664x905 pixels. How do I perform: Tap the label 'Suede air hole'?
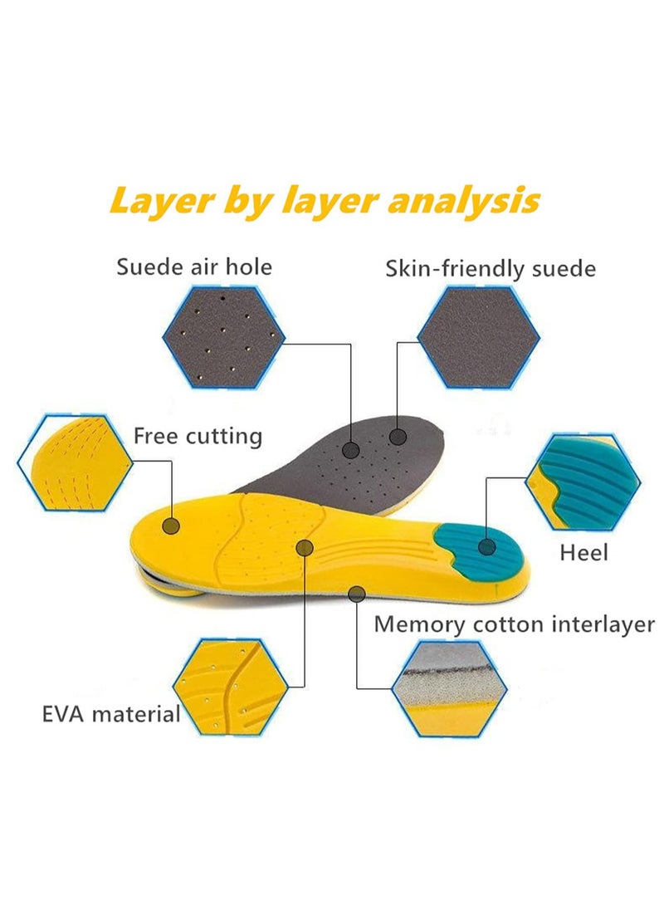(x=194, y=267)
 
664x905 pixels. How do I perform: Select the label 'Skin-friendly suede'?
(x=491, y=269)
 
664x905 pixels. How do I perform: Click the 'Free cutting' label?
(x=198, y=436)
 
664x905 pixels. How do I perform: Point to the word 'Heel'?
(x=583, y=552)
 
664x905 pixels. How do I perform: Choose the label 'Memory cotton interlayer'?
(x=515, y=624)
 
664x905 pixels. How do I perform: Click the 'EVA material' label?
(x=111, y=714)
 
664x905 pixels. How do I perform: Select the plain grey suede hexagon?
(x=479, y=337)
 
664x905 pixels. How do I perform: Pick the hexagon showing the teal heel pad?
(x=583, y=481)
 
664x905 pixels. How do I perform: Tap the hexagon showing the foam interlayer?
(x=449, y=687)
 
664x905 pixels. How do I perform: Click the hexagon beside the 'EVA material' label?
(x=230, y=687)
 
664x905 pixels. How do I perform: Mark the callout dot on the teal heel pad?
(x=487, y=546)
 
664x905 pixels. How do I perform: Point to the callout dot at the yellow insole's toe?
(x=171, y=526)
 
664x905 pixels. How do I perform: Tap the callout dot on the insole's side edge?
(x=357, y=594)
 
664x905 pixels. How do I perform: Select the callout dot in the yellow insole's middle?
(x=304, y=548)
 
